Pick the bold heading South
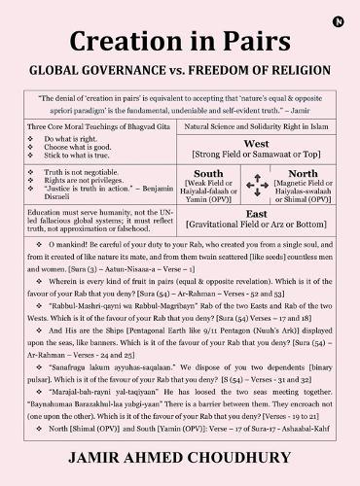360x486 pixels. point(208,173)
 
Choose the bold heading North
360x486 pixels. point(304,173)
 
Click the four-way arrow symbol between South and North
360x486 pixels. point(257,182)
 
